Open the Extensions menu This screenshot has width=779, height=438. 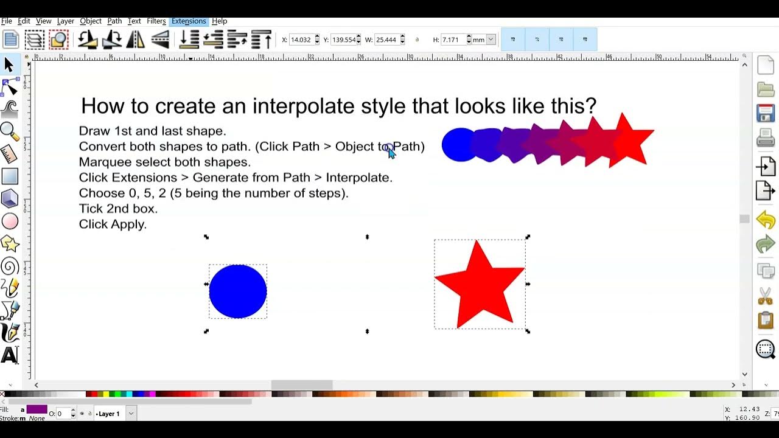point(189,21)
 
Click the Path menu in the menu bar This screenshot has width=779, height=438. point(114,21)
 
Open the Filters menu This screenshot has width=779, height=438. point(156,21)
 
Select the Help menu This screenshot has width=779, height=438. point(219,21)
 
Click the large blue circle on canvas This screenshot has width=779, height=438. point(238,291)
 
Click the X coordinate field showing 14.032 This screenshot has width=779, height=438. point(301,40)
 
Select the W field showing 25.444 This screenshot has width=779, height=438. point(386,40)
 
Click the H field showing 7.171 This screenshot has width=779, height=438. point(453,40)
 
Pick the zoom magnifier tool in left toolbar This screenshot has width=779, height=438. point(10,131)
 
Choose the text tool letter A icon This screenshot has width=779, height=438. point(10,355)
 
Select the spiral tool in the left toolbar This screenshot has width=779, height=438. point(10,266)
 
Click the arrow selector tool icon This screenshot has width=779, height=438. point(9,64)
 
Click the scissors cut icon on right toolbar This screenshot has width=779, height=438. point(765,296)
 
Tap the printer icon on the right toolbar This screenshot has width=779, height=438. point(765,140)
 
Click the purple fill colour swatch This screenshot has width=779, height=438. point(37,409)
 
